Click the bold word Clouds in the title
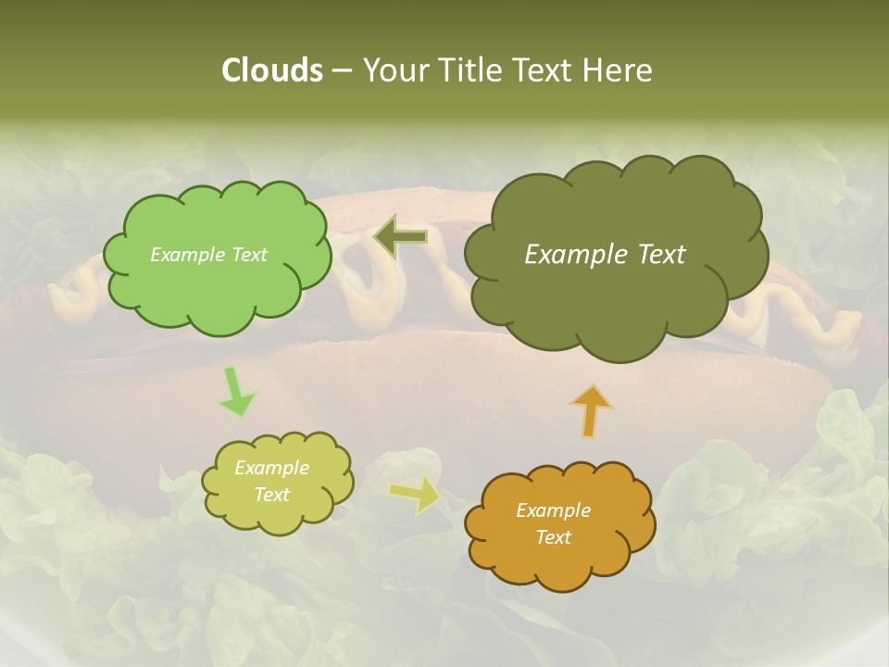(x=271, y=70)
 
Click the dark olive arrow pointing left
(x=401, y=237)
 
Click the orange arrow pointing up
(x=590, y=409)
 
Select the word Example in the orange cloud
(x=553, y=510)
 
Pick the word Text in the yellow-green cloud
(x=271, y=495)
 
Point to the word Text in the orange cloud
(x=553, y=537)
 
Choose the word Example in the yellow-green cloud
(x=271, y=468)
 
